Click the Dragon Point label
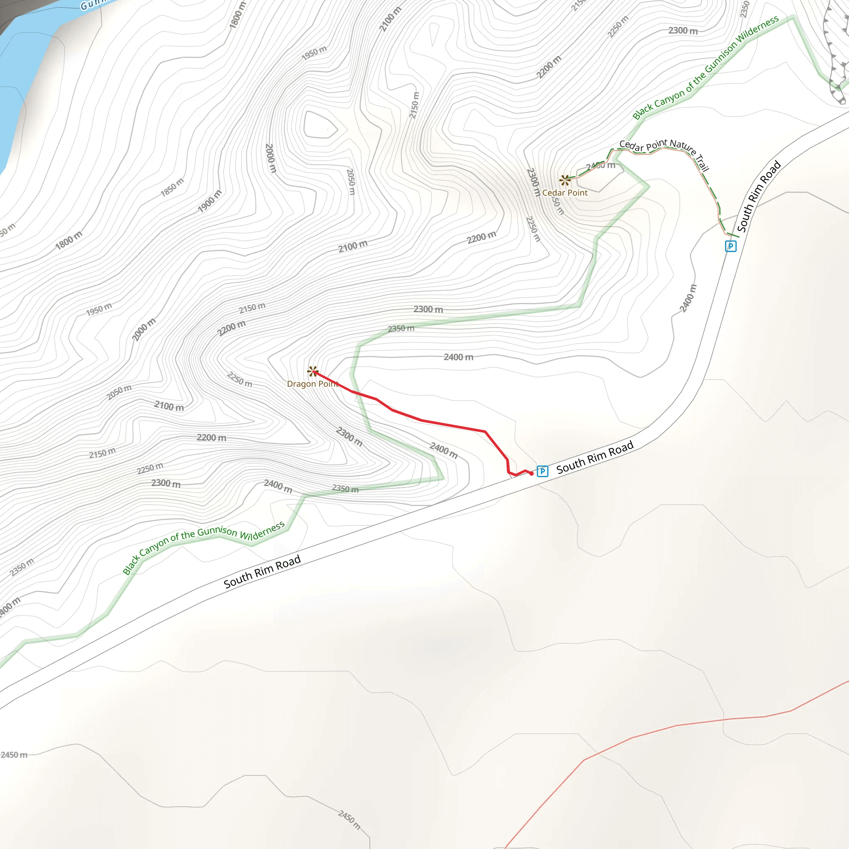[312, 383]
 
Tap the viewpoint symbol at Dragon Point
[313, 372]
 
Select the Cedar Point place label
[565, 192]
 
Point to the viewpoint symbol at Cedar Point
[565, 180]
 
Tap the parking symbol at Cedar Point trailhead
[730, 246]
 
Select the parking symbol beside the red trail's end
[542, 471]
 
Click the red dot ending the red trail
[531, 473]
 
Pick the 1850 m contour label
[172, 187]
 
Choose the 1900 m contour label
[210, 201]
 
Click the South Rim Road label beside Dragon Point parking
[594, 457]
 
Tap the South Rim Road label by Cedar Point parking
[759, 196]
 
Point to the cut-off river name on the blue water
[92, 5]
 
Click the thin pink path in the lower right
[677, 725]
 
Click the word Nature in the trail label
[682, 146]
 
